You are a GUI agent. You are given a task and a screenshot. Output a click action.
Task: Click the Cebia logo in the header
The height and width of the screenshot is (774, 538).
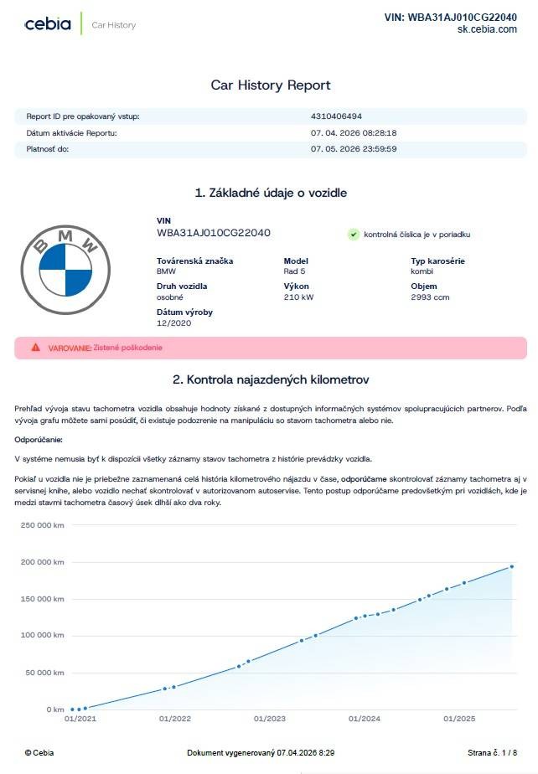[x=48, y=24]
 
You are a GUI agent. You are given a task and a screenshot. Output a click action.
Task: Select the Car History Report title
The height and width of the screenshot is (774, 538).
[x=271, y=85]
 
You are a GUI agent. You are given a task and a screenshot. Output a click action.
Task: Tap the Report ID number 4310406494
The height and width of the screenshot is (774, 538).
[x=336, y=116]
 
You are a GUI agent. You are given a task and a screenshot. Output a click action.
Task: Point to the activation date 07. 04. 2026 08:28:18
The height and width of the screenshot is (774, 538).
[x=354, y=132]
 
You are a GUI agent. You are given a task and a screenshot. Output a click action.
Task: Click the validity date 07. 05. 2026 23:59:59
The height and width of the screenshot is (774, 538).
[x=354, y=149]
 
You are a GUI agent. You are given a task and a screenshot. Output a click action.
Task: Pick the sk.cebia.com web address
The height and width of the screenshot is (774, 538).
[x=487, y=29]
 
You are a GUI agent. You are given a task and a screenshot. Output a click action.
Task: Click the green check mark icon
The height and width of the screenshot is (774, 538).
[x=354, y=235]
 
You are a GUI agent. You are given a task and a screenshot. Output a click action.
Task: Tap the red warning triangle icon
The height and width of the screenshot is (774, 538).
[x=35, y=347]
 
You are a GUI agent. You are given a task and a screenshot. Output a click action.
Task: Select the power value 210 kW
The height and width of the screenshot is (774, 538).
[x=299, y=297]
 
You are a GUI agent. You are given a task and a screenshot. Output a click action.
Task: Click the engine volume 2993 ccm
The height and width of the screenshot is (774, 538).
[x=430, y=297]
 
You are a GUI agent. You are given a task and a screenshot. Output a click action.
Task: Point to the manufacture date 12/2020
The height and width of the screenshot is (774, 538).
[x=174, y=322]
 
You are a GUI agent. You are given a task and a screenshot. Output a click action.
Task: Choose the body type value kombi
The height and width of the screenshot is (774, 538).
[x=422, y=271]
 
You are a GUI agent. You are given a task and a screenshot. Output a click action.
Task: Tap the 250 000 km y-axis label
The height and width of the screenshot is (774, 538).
[x=42, y=524]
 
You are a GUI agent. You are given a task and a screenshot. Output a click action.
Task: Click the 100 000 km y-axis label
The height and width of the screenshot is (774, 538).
[x=42, y=635]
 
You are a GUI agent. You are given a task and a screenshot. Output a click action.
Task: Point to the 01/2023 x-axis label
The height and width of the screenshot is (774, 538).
[x=270, y=719]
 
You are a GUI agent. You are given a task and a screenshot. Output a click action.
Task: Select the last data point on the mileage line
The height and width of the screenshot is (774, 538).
[x=512, y=566]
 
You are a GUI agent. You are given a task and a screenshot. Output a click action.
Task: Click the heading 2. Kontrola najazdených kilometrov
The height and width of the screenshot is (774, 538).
[x=271, y=379]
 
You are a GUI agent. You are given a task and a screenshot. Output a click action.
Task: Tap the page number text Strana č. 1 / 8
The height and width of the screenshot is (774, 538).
[x=493, y=753]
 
